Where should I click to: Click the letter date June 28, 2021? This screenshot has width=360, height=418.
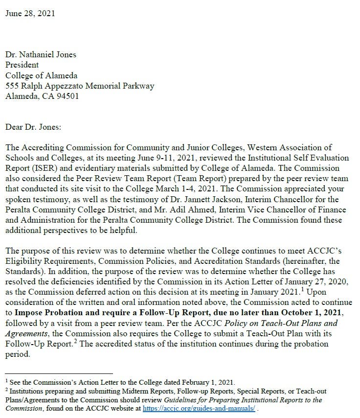[30, 13]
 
